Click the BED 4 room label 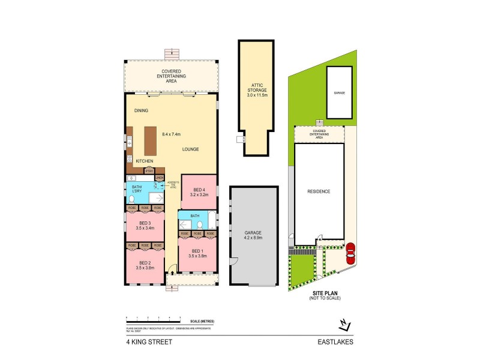199,190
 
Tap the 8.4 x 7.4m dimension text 172,134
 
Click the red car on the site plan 350,253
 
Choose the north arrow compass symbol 343,325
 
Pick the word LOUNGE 191,149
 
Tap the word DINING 141,110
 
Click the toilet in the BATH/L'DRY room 132,199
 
